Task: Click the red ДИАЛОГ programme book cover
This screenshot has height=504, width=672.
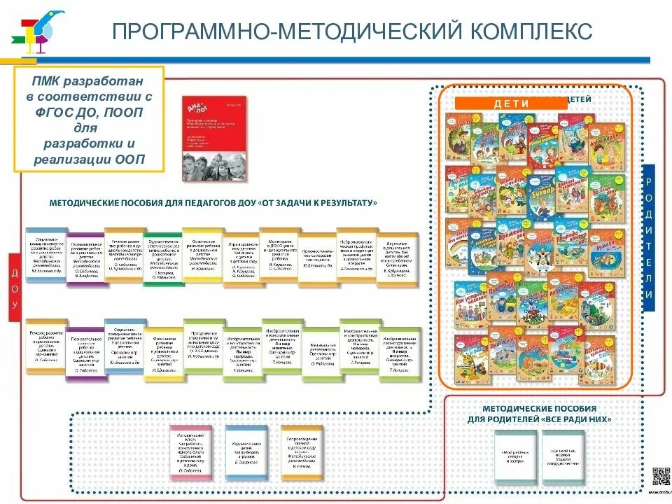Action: (x=213, y=139)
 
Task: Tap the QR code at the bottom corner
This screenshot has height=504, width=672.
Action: (x=661, y=476)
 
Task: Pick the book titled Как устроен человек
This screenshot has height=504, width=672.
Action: (x=470, y=304)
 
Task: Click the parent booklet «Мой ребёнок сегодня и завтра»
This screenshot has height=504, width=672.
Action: (x=515, y=456)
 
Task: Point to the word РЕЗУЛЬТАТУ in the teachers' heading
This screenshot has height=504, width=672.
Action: (x=340, y=203)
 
